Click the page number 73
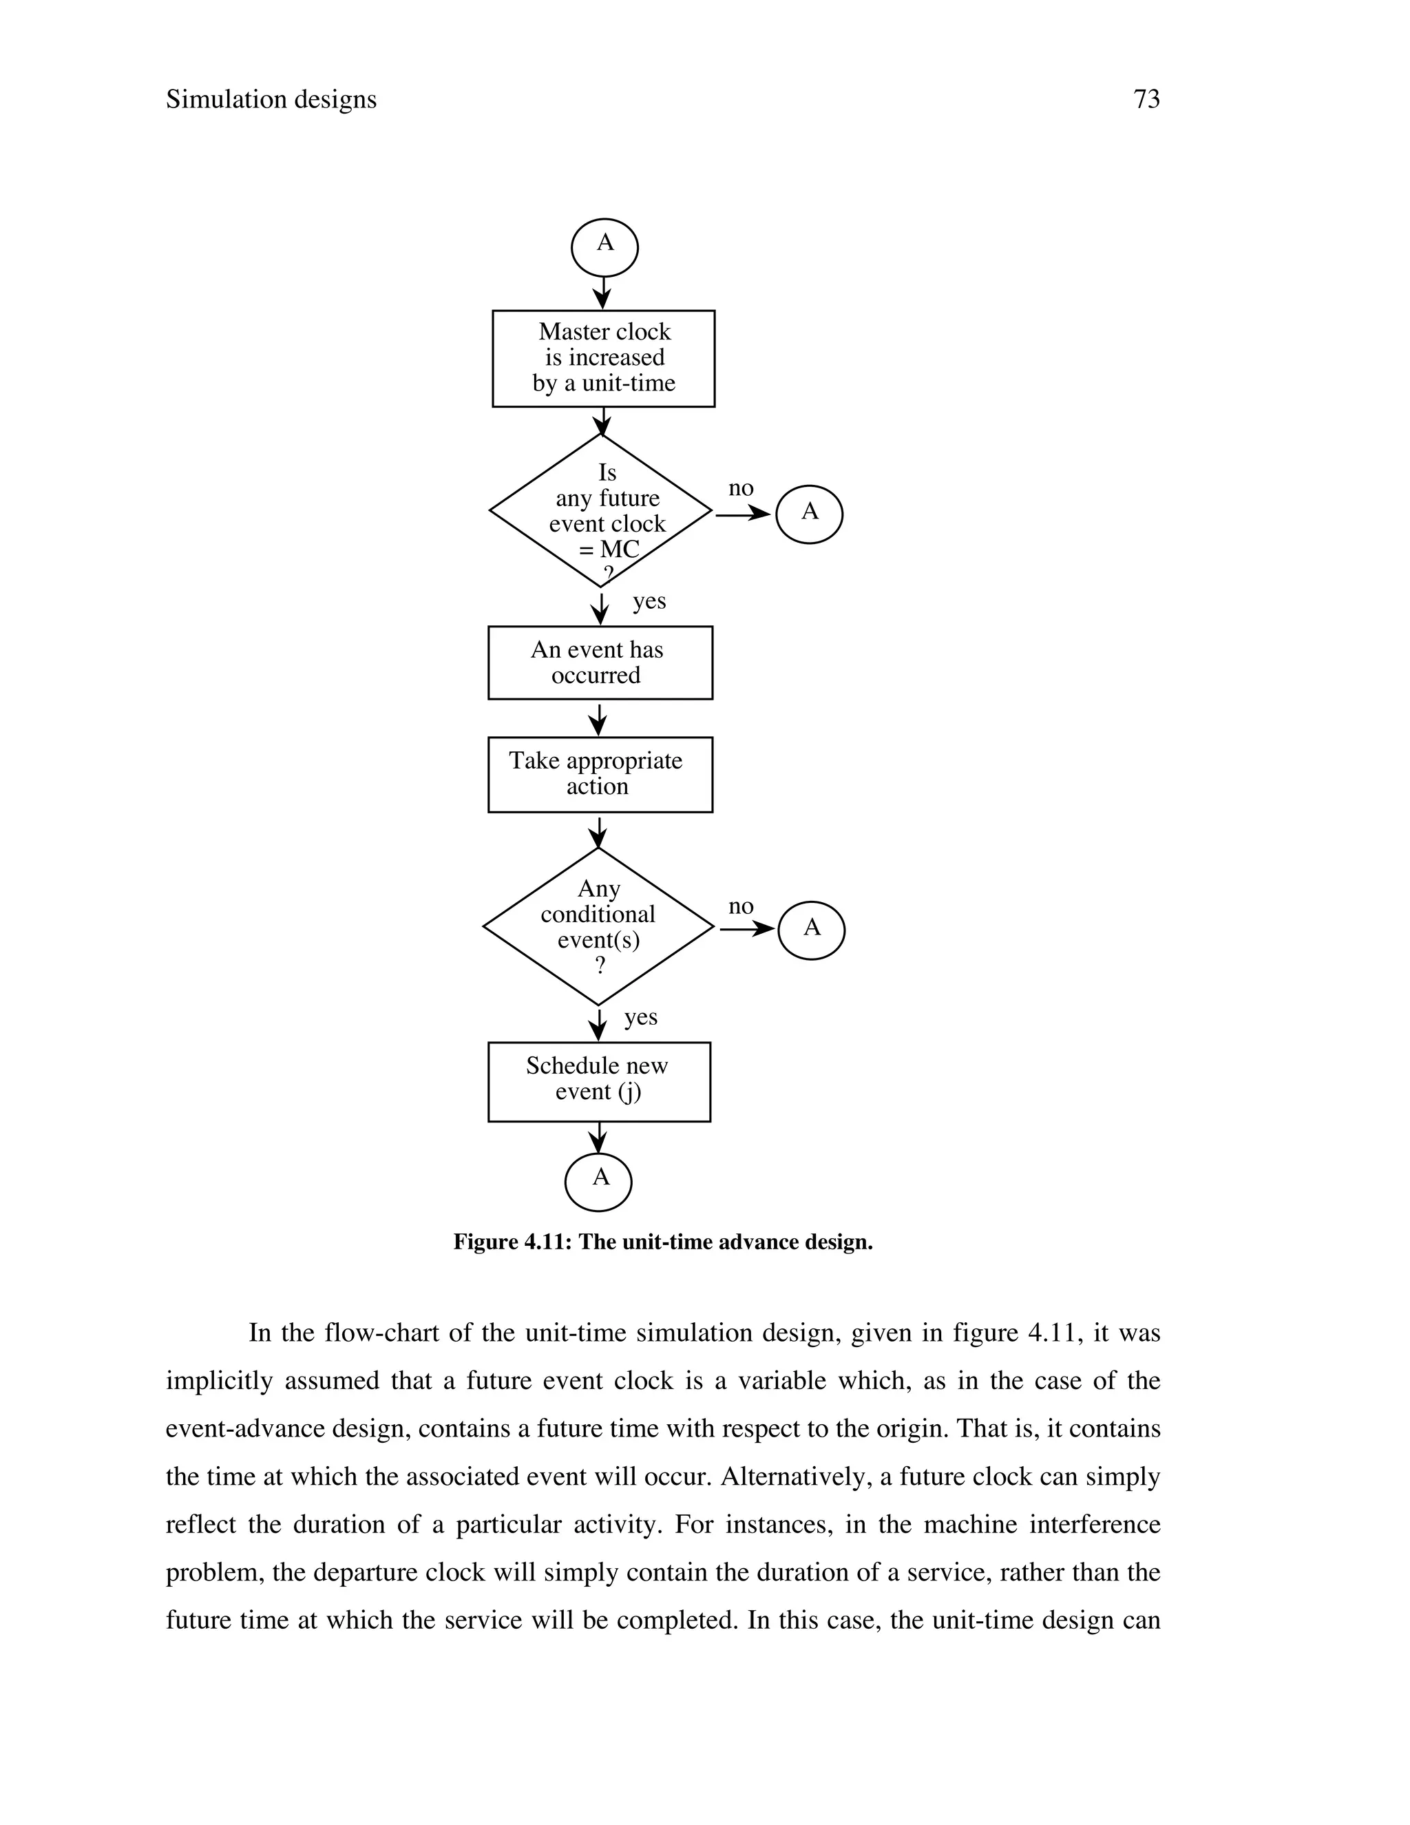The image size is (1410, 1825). (1146, 99)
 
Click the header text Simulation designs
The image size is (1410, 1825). (271, 99)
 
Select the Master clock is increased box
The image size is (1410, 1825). (603, 359)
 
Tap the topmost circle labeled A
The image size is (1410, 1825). (604, 247)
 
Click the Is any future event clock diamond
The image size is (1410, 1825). (600, 510)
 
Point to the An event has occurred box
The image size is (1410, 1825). (600, 663)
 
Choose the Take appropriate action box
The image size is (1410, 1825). (600, 774)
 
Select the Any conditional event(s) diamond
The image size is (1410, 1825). (598, 927)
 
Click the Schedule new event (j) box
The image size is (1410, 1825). (599, 1081)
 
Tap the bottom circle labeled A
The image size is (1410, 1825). (598, 1182)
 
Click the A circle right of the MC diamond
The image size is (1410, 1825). (808, 514)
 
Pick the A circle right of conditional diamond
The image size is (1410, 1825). (811, 929)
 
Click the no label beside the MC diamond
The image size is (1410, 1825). (741, 489)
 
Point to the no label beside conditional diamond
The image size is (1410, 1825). (741, 907)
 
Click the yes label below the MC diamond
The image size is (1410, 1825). (649, 602)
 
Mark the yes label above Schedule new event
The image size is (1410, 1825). (641, 1018)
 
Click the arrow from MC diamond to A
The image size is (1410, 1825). (743, 514)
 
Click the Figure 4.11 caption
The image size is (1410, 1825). (662, 1242)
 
